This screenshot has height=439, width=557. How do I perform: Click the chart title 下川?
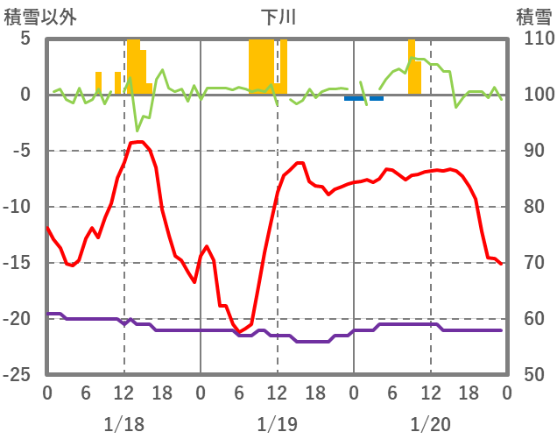pos(278,17)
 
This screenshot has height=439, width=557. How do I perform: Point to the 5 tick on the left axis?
pos(25,39)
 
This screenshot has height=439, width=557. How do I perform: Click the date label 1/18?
pos(123,424)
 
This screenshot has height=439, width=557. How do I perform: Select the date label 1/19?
pos(277,424)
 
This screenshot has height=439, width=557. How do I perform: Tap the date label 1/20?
pos(430,424)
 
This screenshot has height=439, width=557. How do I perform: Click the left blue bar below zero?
pos(354,98)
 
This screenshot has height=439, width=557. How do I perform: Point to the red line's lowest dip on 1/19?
pos(239,331)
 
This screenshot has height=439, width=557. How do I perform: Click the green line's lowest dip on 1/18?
pos(137,131)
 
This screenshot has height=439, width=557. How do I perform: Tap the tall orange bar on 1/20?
pos(412,67)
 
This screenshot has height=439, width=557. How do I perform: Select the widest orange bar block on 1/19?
pos(261,67)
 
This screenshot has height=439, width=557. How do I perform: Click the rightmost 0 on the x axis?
pos(507,393)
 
